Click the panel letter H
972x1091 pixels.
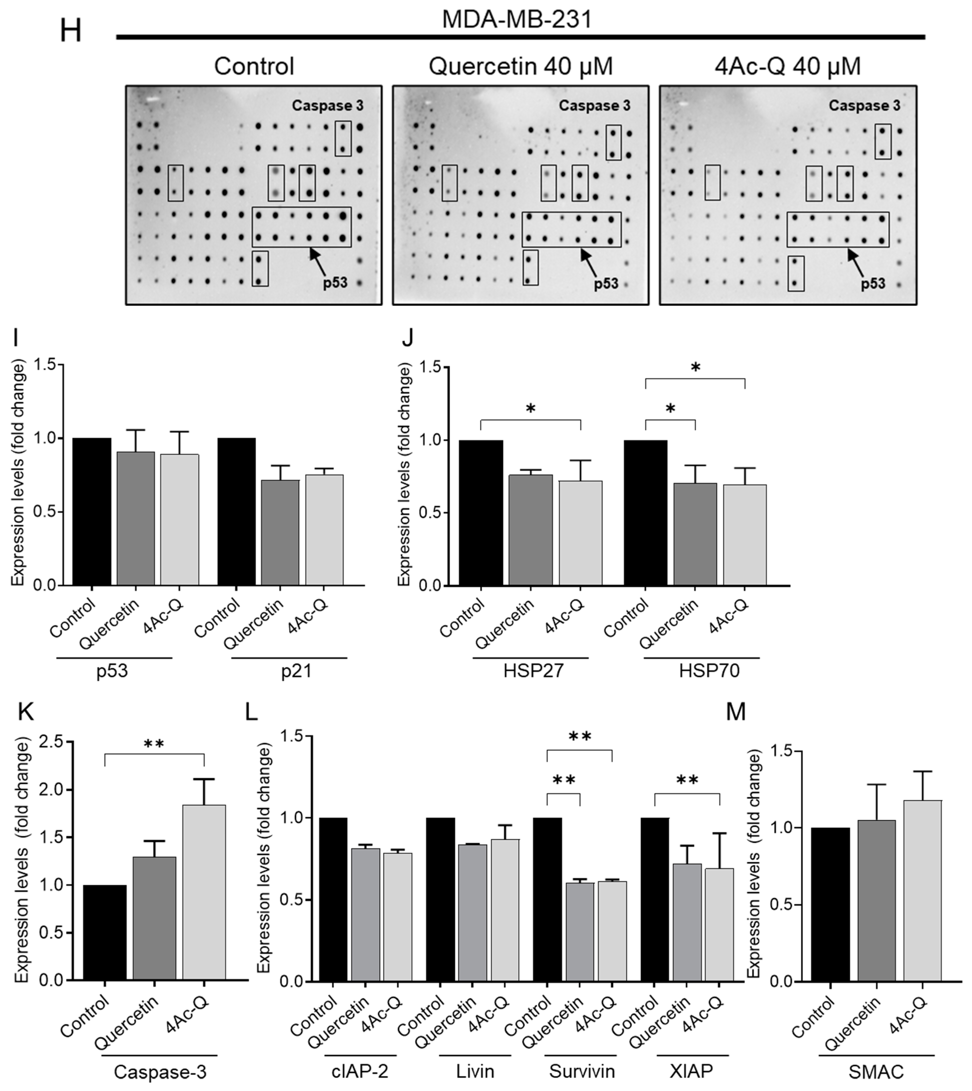[70, 31]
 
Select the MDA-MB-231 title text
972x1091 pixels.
[517, 20]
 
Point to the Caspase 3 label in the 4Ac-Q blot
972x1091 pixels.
[864, 106]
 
